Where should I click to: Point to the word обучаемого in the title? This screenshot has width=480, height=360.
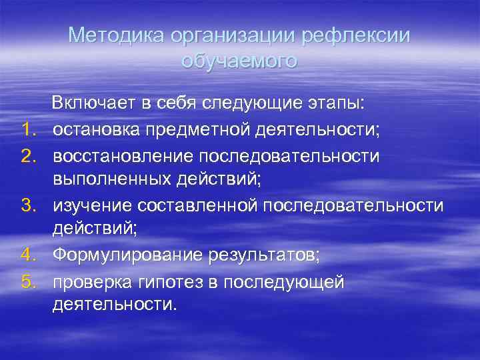click(x=239, y=61)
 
